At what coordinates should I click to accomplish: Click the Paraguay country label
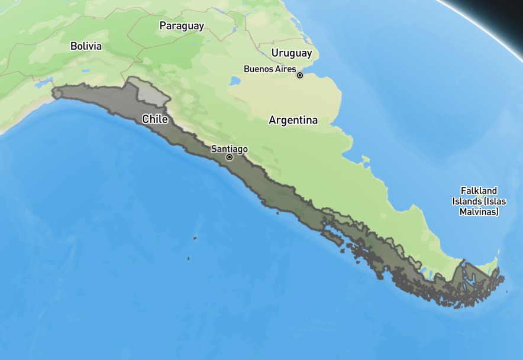(182, 26)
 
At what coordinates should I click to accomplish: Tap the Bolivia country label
(86, 46)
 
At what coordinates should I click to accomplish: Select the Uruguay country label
(291, 53)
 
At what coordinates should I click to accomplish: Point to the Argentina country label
(293, 120)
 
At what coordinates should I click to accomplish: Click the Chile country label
(155, 119)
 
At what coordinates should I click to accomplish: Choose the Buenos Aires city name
(269, 69)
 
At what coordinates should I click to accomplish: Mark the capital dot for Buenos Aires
(300, 75)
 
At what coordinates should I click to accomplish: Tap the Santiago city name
(229, 149)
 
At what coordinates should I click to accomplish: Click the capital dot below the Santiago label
(229, 157)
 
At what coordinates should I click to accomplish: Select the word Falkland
(479, 190)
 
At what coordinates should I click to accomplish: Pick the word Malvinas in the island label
(479, 211)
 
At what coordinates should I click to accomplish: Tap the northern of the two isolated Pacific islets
(195, 238)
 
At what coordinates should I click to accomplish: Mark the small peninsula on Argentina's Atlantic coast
(365, 159)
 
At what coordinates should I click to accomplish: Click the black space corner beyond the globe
(509, 9)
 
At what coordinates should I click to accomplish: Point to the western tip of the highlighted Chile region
(54, 93)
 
